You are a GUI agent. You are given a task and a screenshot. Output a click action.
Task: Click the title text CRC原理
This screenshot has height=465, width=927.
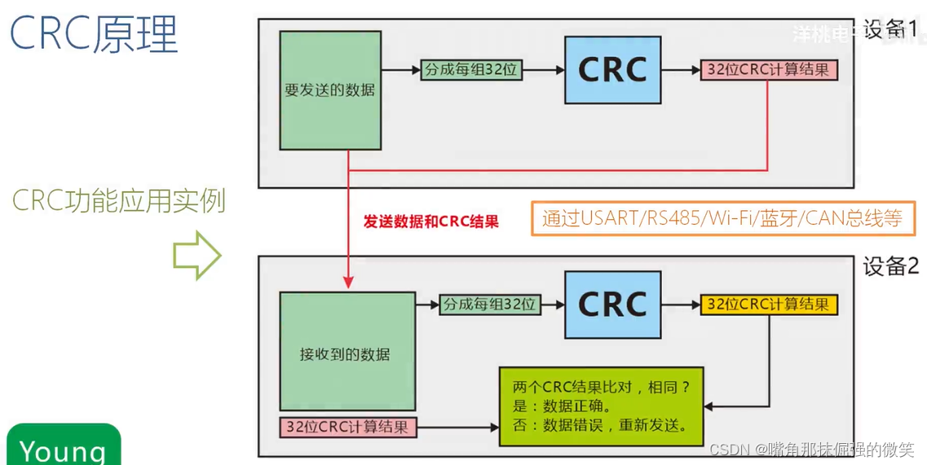pyautogui.click(x=94, y=34)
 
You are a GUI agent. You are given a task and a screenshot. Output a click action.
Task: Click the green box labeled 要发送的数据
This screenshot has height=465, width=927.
pyautogui.click(x=329, y=90)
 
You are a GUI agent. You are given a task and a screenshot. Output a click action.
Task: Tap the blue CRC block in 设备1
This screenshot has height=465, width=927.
pyautogui.click(x=612, y=69)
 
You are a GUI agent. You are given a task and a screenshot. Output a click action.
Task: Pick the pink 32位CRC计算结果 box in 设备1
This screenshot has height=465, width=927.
pyautogui.click(x=769, y=69)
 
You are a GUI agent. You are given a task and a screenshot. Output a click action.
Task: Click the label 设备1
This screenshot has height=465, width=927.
pyautogui.click(x=890, y=30)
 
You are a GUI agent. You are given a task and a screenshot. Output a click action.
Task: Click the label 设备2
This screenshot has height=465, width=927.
pyautogui.click(x=890, y=267)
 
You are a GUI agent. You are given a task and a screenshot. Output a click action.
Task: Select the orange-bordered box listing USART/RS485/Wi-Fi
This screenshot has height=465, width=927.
pyautogui.click(x=722, y=218)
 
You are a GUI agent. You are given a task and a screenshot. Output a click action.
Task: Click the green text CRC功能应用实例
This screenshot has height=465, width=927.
pyautogui.click(x=119, y=200)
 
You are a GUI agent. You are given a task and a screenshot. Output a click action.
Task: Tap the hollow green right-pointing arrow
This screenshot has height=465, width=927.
pyautogui.click(x=196, y=257)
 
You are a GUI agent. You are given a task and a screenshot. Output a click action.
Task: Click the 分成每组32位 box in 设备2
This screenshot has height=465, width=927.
pyautogui.click(x=489, y=304)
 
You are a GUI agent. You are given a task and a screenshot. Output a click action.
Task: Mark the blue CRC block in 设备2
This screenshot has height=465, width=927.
pyautogui.click(x=612, y=304)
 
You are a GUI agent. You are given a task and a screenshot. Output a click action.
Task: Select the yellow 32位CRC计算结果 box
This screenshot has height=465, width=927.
pyautogui.click(x=769, y=304)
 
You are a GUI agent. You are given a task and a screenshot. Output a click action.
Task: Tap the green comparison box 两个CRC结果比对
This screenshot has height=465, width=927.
pyautogui.click(x=601, y=406)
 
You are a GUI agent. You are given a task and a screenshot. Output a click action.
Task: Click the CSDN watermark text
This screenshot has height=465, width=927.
pyautogui.click(x=810, y=450)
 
